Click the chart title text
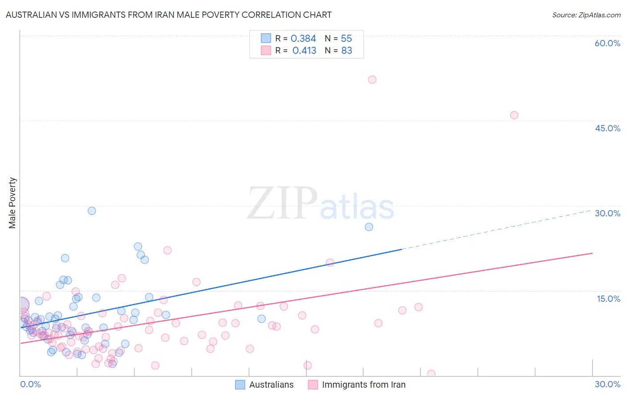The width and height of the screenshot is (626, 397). (168, 15)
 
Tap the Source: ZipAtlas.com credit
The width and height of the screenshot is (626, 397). (586, 15)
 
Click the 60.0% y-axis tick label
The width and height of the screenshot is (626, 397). (607, 43)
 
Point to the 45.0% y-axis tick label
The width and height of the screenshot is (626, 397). (607, 128)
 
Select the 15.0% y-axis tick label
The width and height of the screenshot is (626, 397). (608, 299)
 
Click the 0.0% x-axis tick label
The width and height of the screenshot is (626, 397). (30, 384)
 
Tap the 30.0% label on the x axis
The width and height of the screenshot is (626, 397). (607, 384)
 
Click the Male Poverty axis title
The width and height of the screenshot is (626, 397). (12, 203)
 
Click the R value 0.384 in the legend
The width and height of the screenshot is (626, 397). (303, 39)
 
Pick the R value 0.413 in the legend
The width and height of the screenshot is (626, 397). (304, 51)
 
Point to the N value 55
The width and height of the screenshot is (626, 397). (346, 39)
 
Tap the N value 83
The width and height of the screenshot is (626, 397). (346, 51)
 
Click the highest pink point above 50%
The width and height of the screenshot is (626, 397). (372, 80)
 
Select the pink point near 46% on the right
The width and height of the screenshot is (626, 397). (514, 115)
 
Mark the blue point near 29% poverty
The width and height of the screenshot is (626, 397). (92, 211)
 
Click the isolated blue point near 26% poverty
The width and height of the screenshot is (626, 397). (369, 227)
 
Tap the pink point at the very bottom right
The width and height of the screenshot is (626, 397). (431, 374)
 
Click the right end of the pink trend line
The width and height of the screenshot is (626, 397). (592, 253)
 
